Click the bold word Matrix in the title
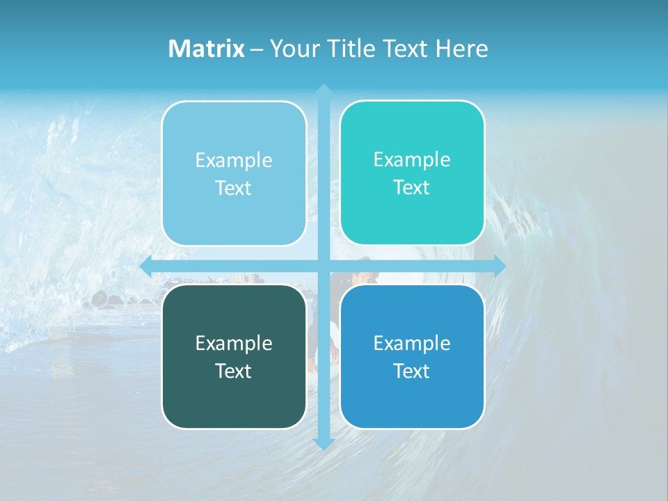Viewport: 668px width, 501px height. [x=207, y=49]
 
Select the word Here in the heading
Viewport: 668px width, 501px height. [x=461, y=49]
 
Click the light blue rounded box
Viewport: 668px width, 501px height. [x=234, y=173]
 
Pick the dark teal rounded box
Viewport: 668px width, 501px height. [x=234, y=356]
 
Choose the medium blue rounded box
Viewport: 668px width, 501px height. [x=412, y=356]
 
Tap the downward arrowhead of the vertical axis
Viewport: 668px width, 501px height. [x=323, y=444]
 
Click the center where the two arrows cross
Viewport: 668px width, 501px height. [x=323, y=266]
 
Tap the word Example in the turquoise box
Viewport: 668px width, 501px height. [x=412, y=159]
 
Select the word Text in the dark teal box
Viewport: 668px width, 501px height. [x=234, y=371]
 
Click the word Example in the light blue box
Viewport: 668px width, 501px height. [x=234, y=160]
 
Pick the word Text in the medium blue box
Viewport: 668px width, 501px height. [x=412, y=371]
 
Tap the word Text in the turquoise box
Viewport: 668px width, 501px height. [x=412, y=187]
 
